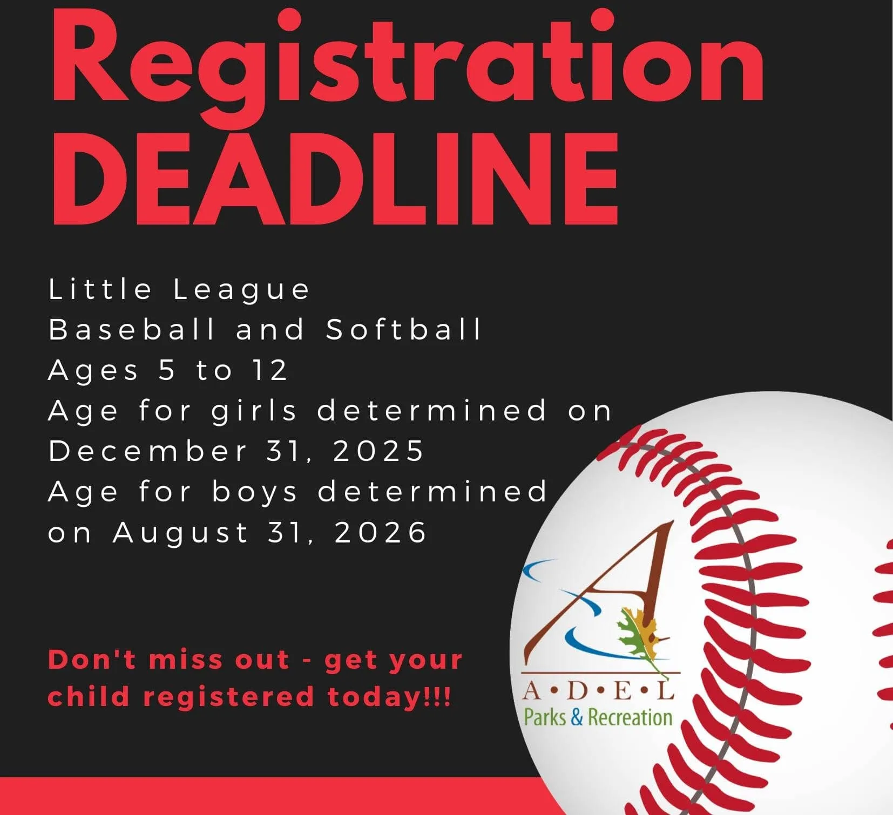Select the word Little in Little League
coord(100,289)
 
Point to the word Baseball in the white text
coord(132,329)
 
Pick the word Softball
coord(403,329)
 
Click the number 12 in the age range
coord(269,370)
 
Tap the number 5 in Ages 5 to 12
coord(167,370)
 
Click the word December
coord(147,451)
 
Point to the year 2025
coord(378,451)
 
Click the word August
coord(180,534)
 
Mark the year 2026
coord(380,533)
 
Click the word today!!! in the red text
coord(389,697)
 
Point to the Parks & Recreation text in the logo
coord(598,717)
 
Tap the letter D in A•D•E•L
coord(578,691)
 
